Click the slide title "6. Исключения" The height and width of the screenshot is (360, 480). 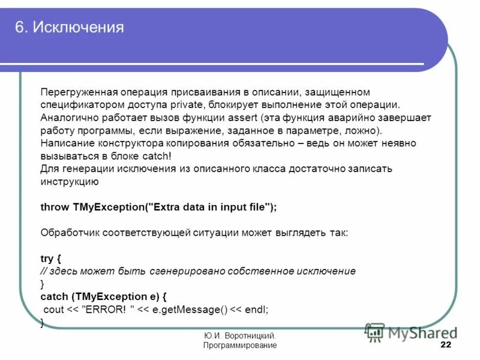point(69,28)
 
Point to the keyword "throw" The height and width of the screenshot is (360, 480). point(55,207)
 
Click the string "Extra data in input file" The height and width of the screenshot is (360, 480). point(210,207)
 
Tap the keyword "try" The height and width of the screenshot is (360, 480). point(47,259)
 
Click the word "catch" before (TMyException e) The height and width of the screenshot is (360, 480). point(54,296)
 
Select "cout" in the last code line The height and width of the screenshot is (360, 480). point(54,310)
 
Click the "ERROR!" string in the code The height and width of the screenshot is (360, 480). point(107,310)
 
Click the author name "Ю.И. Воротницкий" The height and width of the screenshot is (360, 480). point(240,337)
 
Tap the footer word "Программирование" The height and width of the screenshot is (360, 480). point(240,346)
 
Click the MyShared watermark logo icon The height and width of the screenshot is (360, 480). point(375,332)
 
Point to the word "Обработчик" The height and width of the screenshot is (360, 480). point(70,232)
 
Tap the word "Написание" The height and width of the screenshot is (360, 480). point(65,143)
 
